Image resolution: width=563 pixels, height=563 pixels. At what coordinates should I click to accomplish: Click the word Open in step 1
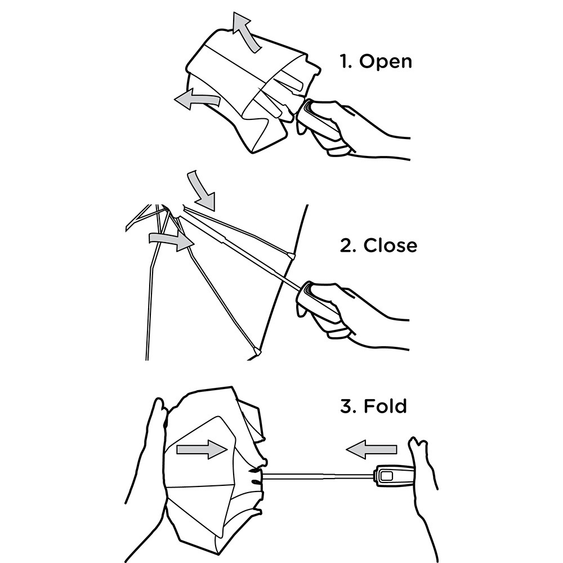[385, 61]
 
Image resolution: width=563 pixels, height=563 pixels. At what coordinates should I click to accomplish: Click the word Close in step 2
[390, 245]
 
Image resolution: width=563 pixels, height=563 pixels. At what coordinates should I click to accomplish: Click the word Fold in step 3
[385, 406]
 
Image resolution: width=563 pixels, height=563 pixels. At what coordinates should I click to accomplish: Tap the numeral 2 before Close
[348, 245]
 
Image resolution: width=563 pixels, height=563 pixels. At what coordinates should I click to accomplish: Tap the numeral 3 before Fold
[347, 406]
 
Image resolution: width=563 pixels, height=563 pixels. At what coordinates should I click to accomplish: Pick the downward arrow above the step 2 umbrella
[202, 190]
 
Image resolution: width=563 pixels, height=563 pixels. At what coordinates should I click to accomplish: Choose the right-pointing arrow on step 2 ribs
[172, 240]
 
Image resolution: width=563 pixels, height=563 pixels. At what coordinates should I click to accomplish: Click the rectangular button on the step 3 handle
[387, 476]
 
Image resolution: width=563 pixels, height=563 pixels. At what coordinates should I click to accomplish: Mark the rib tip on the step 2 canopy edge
[291, 256]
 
